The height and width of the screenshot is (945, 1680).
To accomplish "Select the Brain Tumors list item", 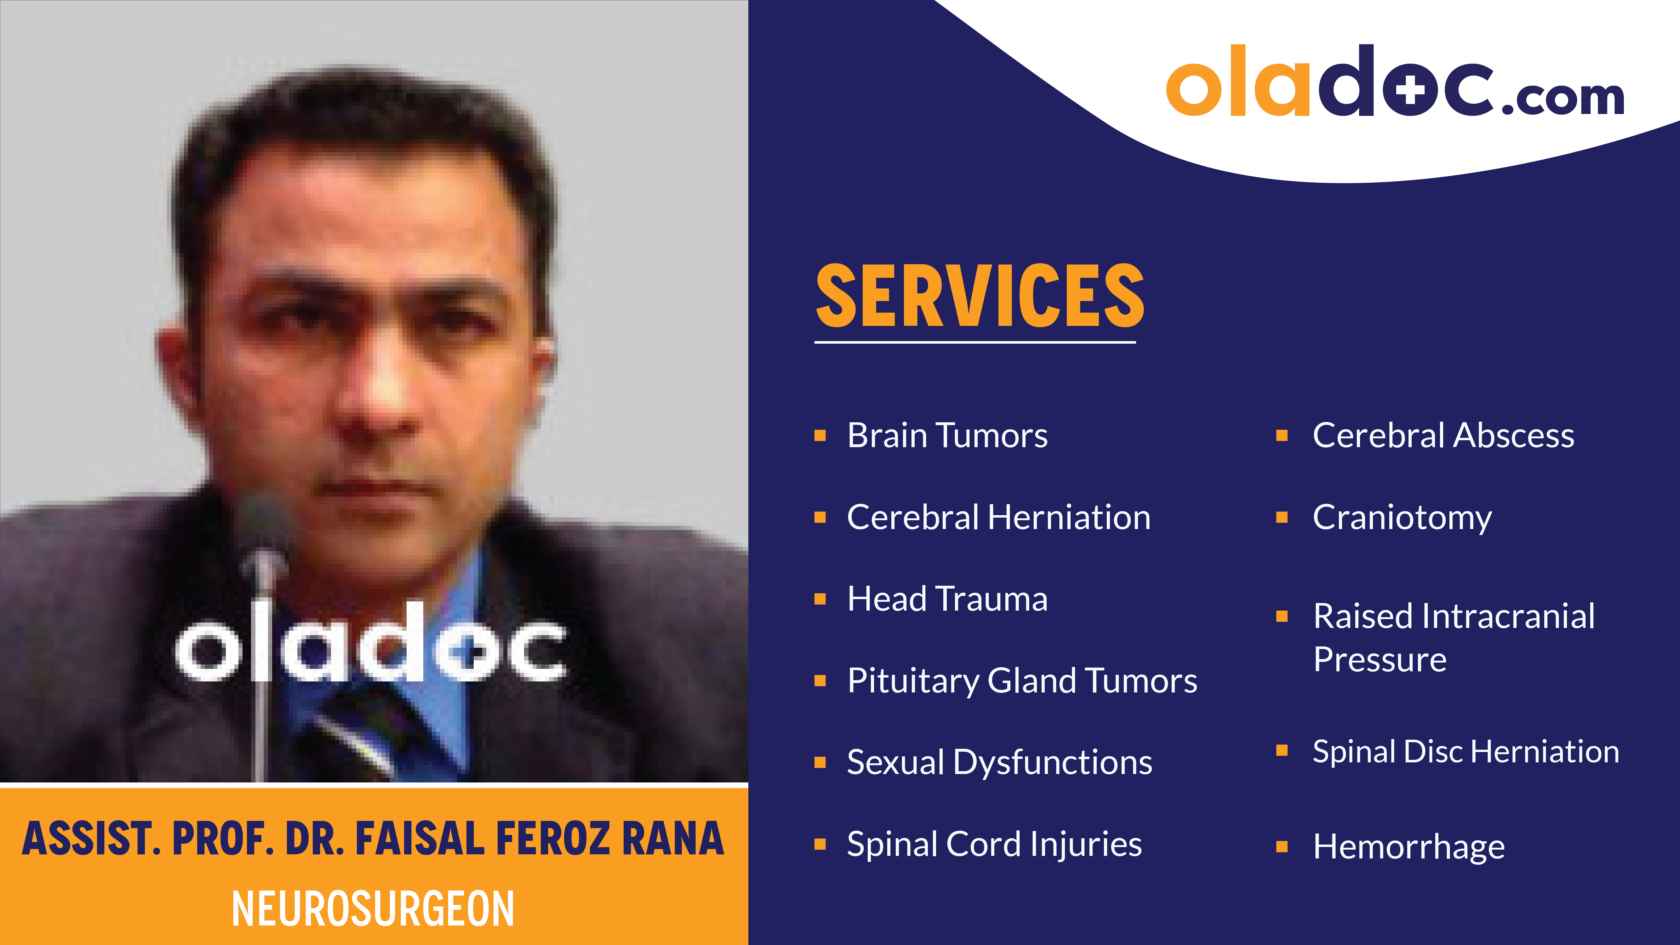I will click(947, 435).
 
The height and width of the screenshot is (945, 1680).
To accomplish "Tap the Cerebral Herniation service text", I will click(998, 517).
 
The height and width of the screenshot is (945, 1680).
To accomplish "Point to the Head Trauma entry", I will click(947, 599).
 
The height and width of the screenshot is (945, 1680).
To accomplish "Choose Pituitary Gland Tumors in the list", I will click(1022, 681).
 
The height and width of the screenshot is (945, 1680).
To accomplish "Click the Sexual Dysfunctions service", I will click(999, 762).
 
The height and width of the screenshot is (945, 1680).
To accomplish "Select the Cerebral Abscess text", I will click(1443, 435).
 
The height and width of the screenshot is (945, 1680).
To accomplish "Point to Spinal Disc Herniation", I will click(1466, 751).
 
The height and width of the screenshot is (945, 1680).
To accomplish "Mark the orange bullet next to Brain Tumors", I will click(820, 435).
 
